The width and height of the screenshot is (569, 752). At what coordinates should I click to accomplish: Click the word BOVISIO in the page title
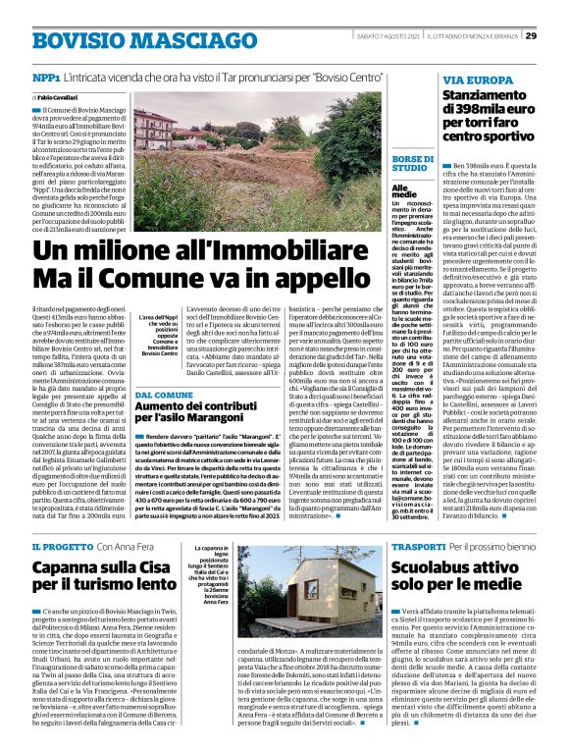[78, 41]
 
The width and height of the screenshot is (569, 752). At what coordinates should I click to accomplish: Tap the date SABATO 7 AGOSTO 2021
[390, 36]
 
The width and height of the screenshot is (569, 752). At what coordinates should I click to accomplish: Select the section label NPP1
[45, 77]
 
